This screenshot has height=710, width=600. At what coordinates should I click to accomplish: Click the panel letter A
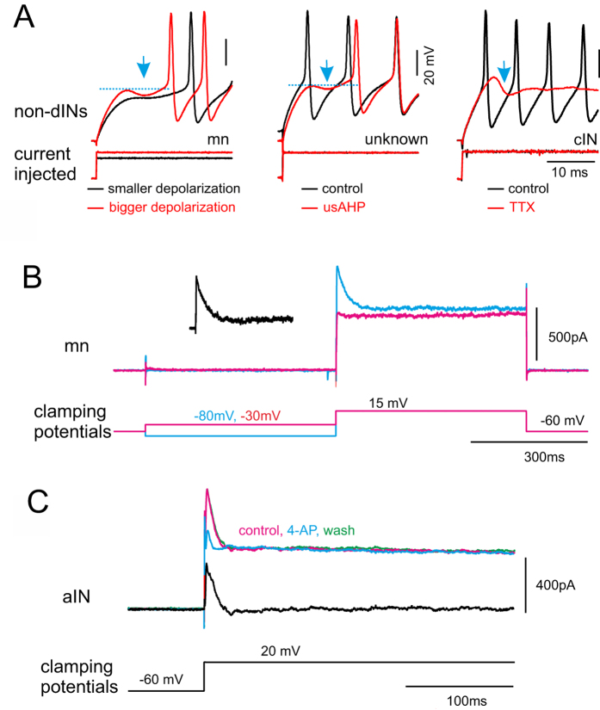click(x=25, y=18)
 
